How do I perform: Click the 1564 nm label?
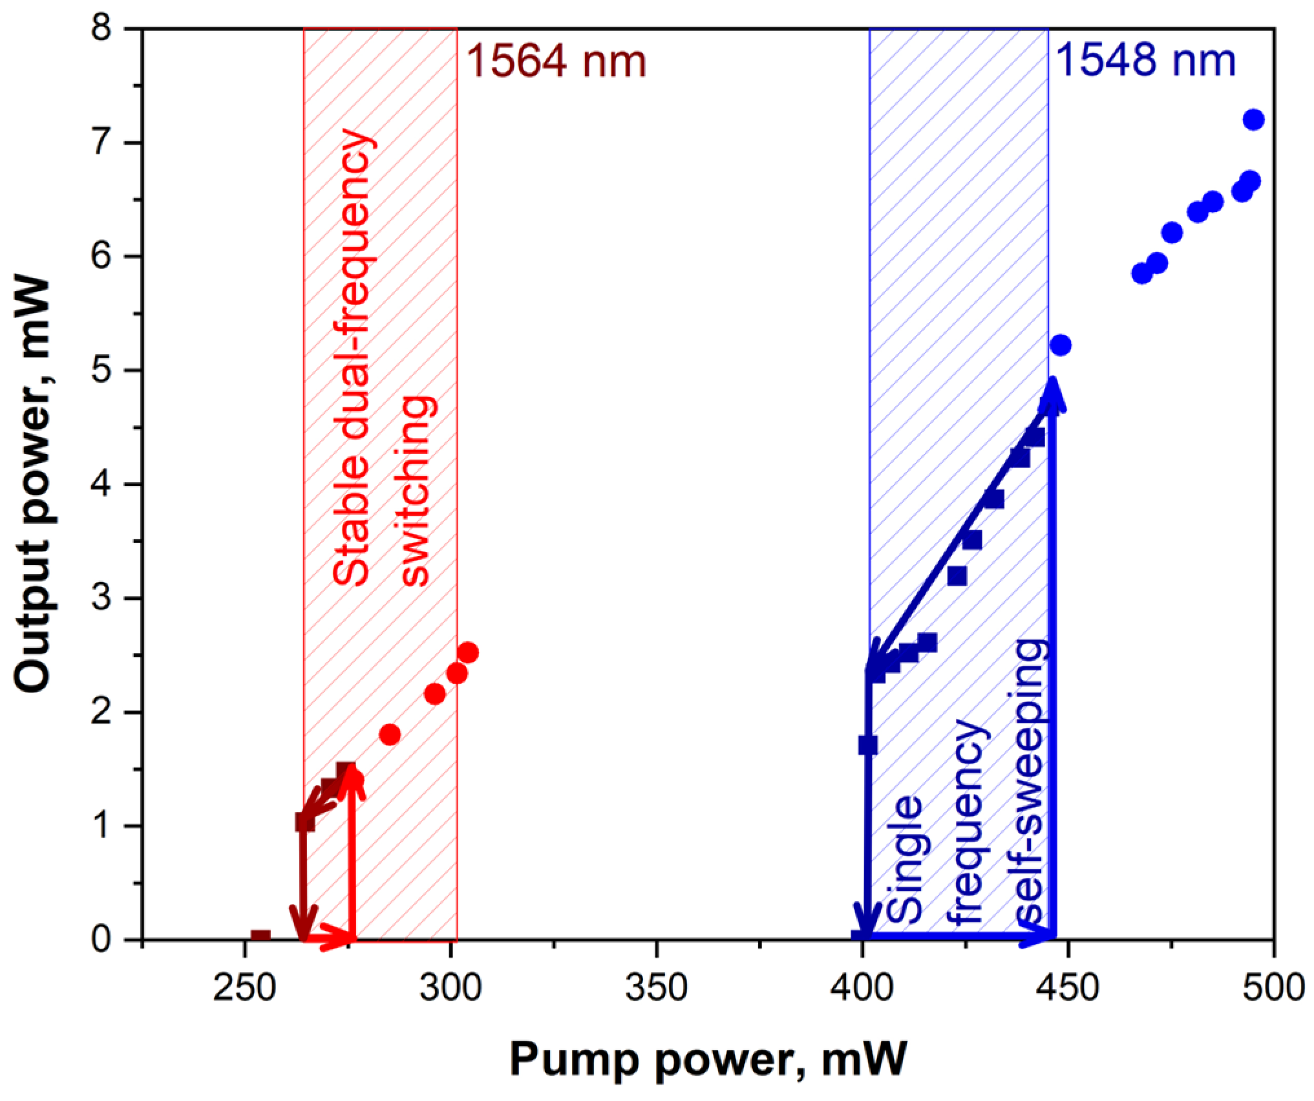coord(556,62)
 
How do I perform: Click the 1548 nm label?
coord(1145,61)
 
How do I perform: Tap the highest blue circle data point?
coord(1253,120)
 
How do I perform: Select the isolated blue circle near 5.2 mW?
coord(1060,345)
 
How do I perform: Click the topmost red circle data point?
coord(468,652)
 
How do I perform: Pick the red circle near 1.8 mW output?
coord(390,734)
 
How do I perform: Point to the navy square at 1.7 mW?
coord(868,745)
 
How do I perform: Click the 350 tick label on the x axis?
coord(656,988)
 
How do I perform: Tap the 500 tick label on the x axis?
coord(1273,988)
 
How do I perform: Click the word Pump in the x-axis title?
coord(568,1060)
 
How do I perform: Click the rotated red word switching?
coord(414,491)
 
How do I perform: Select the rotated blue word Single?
coord(904,860)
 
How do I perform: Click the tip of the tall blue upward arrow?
coord(1052,381)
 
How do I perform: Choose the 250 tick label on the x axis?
coord(244,988)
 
